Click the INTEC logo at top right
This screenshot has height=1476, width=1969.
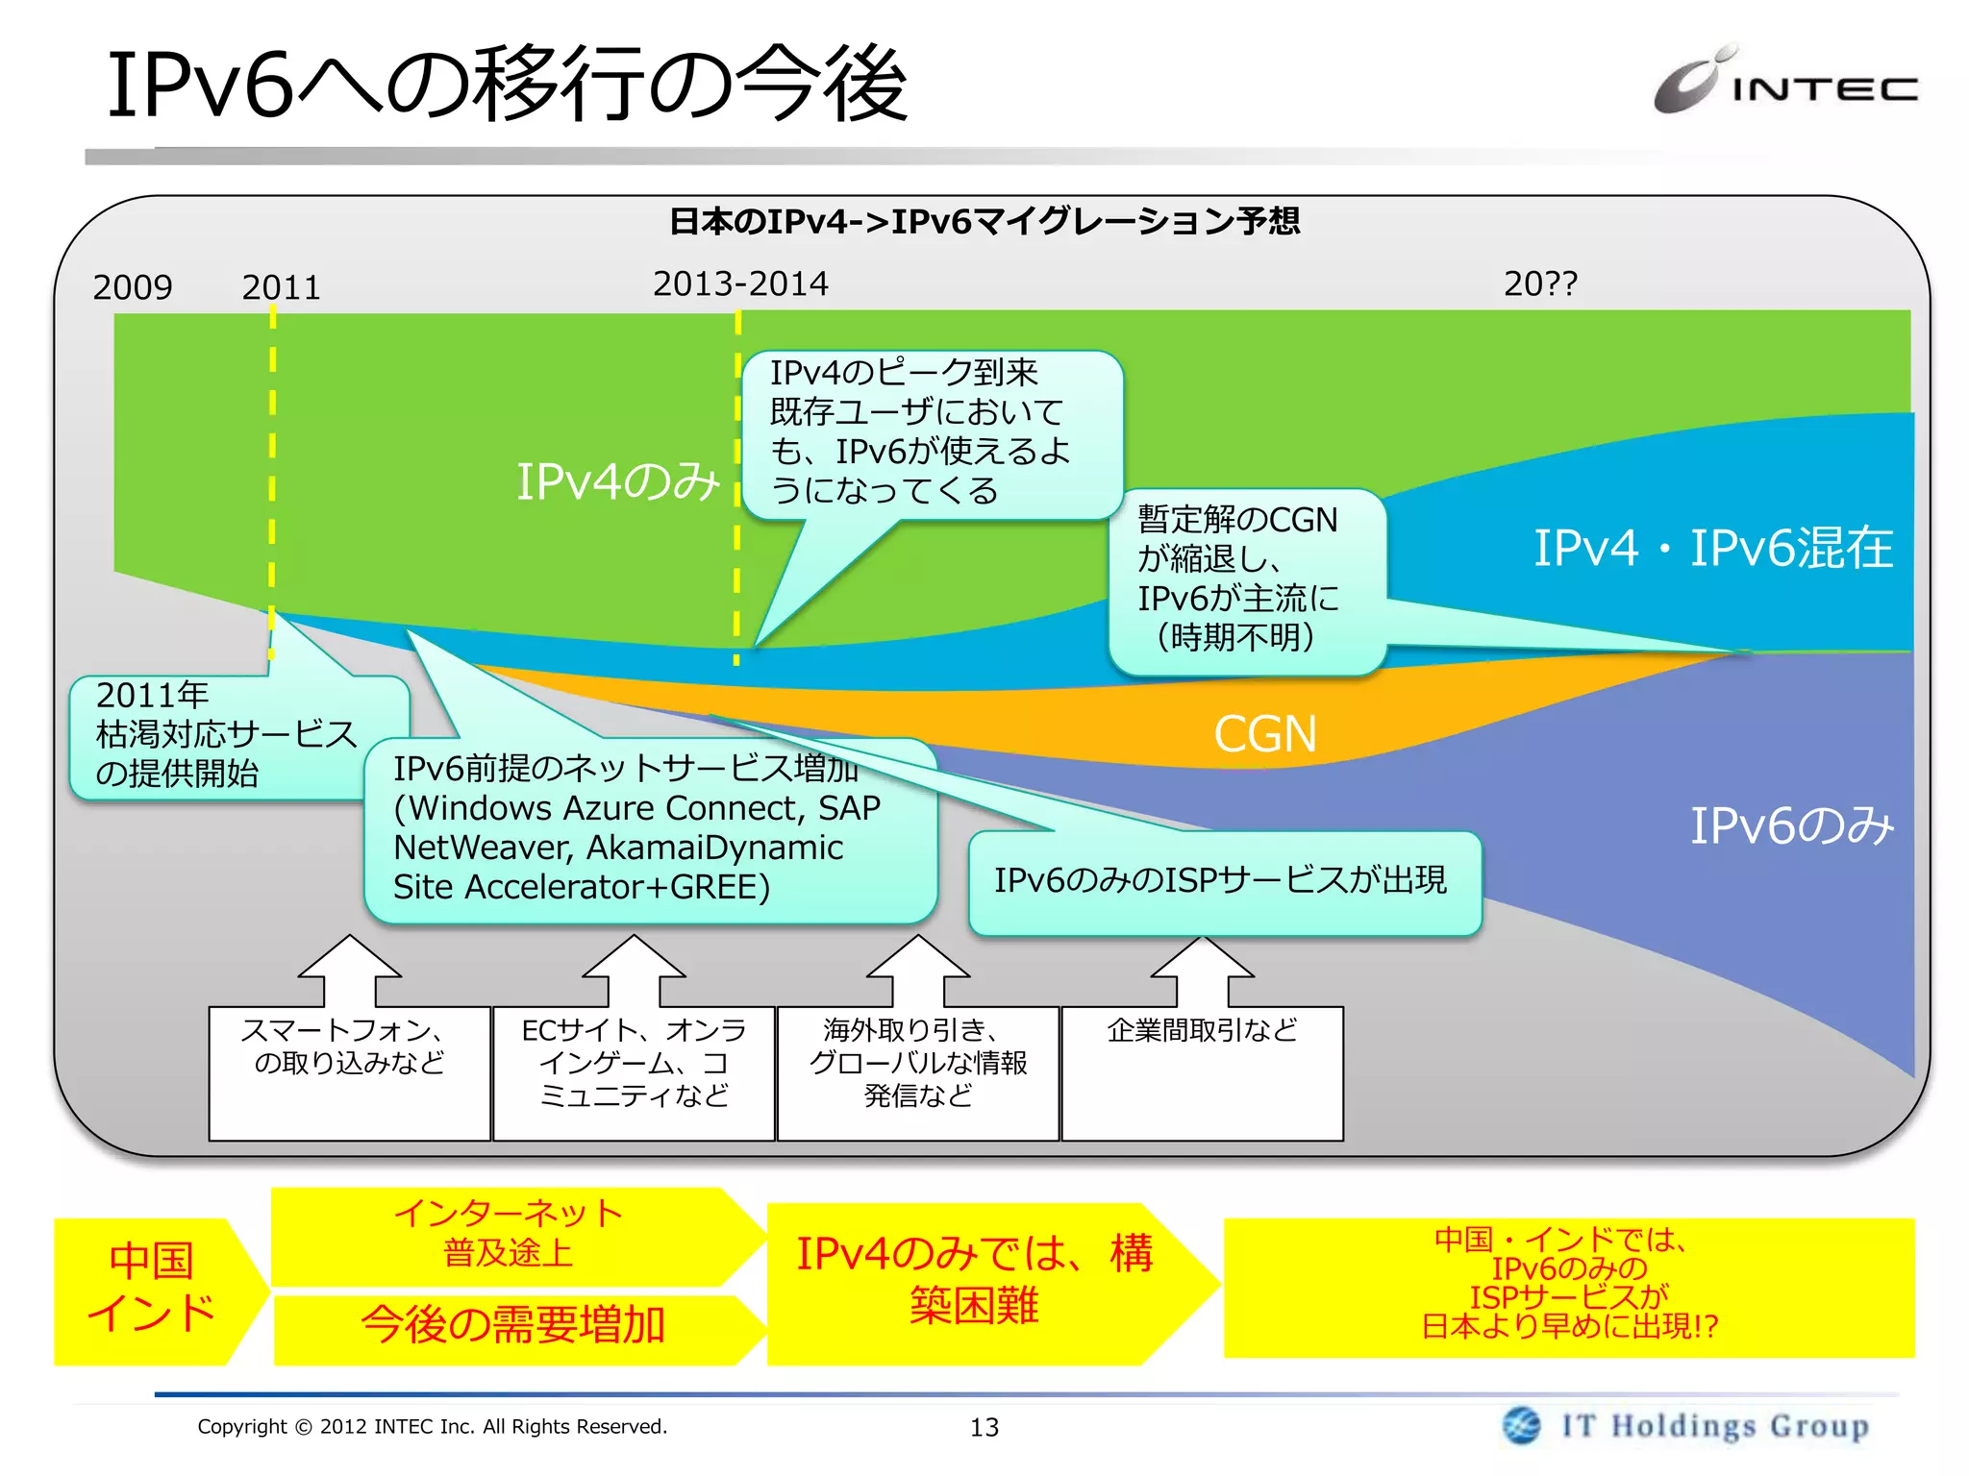click(1784, 81)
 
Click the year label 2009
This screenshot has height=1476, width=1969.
click(133, 286)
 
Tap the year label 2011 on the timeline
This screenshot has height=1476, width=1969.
click(281, 286)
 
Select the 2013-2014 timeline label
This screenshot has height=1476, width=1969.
click(739, 283)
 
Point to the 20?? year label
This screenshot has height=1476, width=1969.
click(1539, 283)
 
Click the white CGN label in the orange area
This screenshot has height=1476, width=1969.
click(1264, 734)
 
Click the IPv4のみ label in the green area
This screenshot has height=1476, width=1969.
click(617, 480)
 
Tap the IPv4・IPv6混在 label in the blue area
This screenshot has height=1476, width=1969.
click(1711, 548)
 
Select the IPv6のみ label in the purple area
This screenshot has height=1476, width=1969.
click(1791, 825)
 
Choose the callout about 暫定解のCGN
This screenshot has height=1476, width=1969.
click(1245, 580)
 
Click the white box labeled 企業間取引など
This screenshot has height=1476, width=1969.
click(1201, 1071)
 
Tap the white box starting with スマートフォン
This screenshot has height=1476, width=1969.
click(349, 1071)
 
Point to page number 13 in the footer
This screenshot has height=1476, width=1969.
click(984, 1427)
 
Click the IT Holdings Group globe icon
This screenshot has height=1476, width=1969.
click(1521, 1425)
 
